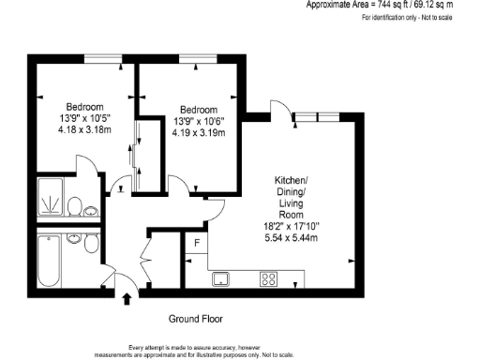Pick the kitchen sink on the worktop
(222, 278)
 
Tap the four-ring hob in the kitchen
(269, 278)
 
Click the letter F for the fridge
(196, 244)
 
